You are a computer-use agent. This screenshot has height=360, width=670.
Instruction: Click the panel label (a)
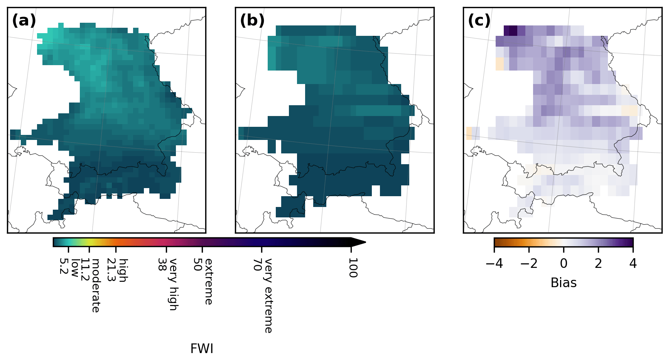(x=24, y=20)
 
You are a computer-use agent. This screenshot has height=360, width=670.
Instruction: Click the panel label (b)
(x=252, y=20)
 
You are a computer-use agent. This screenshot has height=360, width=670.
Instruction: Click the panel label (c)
(x=479, y=20)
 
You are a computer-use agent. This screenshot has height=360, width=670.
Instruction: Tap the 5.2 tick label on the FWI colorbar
(x=64, y=266)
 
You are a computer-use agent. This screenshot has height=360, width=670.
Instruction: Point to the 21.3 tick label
(x=111, y=270)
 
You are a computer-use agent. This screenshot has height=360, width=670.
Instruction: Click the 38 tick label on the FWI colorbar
(x=162, y=264)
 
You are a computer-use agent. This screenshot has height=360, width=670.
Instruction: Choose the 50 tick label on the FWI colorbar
(x=197, y=264)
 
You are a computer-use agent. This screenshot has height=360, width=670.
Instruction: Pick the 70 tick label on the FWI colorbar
(x=258, y=264)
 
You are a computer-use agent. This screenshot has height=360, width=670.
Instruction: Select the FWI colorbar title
(x=202, y=349)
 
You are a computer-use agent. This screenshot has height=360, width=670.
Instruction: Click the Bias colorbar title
(x=564, y=283)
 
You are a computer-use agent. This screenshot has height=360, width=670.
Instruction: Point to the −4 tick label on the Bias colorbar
(x=494, y=264)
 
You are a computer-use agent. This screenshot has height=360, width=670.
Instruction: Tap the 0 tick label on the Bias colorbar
(x=564, y=264)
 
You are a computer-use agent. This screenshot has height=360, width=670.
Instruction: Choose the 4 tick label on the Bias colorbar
(x=633, y=264)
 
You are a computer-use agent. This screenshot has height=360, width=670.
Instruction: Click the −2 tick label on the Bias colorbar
(x=529, y=264)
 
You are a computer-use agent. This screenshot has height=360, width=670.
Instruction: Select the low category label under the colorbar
(x=75, y=267)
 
